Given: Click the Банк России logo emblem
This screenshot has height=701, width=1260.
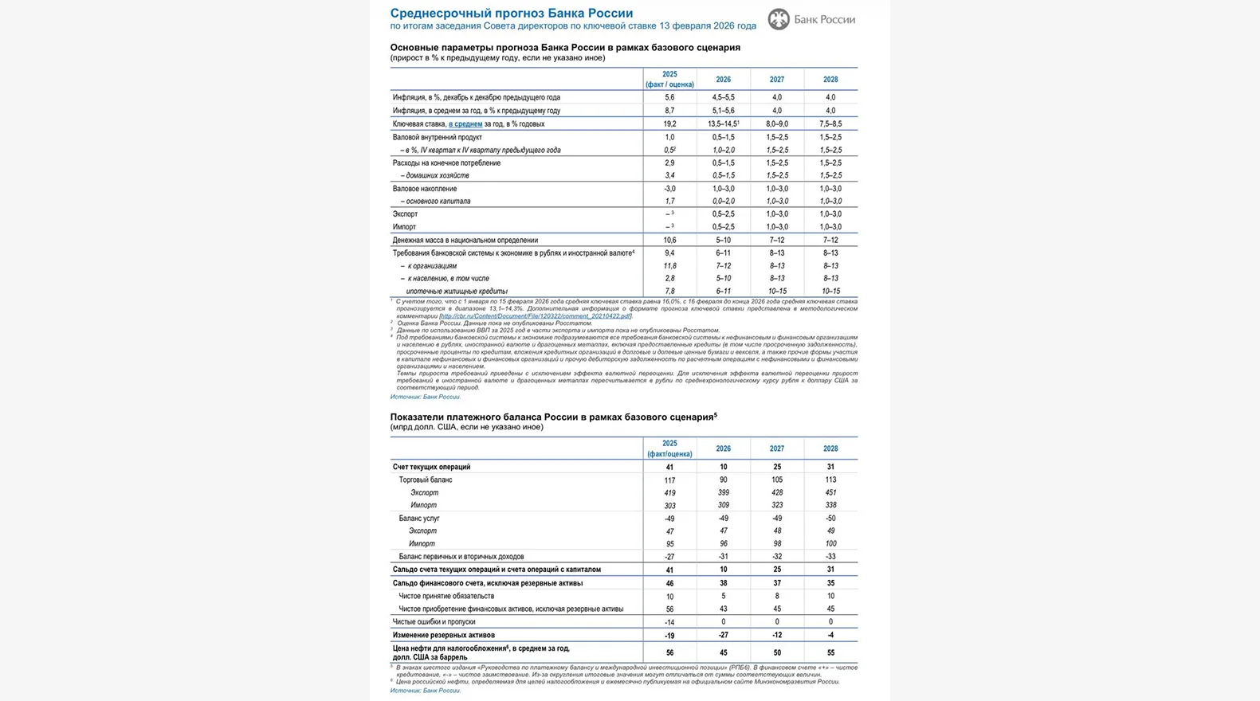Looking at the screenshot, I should click(x=779, y=19).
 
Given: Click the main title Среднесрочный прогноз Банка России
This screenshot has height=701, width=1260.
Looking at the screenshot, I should click(x=511, y=13).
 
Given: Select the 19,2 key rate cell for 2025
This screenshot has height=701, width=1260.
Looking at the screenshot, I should click(x=669, y=124).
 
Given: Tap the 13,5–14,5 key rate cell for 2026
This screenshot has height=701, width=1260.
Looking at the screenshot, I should click(x=723, y=124).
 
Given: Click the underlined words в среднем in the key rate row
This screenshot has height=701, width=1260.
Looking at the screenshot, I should click(x=465, y=124).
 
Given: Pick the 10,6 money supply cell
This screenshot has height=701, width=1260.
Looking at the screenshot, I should click(x=669, y=240).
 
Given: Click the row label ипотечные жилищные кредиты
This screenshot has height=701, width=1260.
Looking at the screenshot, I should click(x=457, y=291).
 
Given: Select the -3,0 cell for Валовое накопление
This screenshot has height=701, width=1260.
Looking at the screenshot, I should click(x=669, y=189).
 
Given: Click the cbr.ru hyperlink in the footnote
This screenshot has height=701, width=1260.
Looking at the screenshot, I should click(x=536, y=316).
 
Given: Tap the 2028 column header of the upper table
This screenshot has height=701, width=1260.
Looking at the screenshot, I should click(x=830, y=80).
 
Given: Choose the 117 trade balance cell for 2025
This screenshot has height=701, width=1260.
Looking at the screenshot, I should click(x=669, y=480).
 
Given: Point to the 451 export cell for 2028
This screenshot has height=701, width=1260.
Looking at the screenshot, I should click(x=830, y=492).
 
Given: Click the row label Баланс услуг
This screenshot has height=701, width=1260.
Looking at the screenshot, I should click(x=419, y=519).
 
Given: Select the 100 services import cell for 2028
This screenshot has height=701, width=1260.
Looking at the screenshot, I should click(x=830, y=543).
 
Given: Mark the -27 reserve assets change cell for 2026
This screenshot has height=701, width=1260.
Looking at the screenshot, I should click(x=723, y=635).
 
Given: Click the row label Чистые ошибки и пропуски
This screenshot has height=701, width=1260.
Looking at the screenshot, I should click(x=434, y=621).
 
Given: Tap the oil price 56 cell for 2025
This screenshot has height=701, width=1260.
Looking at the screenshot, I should click(x=669, y=652).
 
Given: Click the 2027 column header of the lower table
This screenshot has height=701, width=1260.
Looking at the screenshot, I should click(x=777, y=448).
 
